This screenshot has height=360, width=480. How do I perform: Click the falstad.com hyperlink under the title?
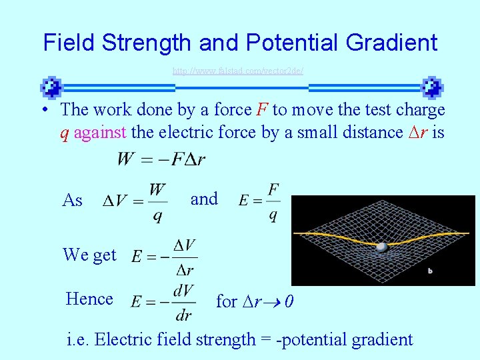click(238, 70)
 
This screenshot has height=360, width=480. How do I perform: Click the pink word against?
click(100, 133)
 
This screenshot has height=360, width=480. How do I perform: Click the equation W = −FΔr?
click(161, 159)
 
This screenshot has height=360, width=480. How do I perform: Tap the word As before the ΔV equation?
click(72, 200)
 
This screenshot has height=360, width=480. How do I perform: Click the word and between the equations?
click(204, 199)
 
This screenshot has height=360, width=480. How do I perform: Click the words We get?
click(89, 255)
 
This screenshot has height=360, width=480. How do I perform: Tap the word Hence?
click(89, 299)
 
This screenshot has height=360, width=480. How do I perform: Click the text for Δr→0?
click(255, 302)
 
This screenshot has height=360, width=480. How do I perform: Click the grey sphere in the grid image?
click(381, 247)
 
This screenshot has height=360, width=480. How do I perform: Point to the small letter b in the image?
click(430, 271)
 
